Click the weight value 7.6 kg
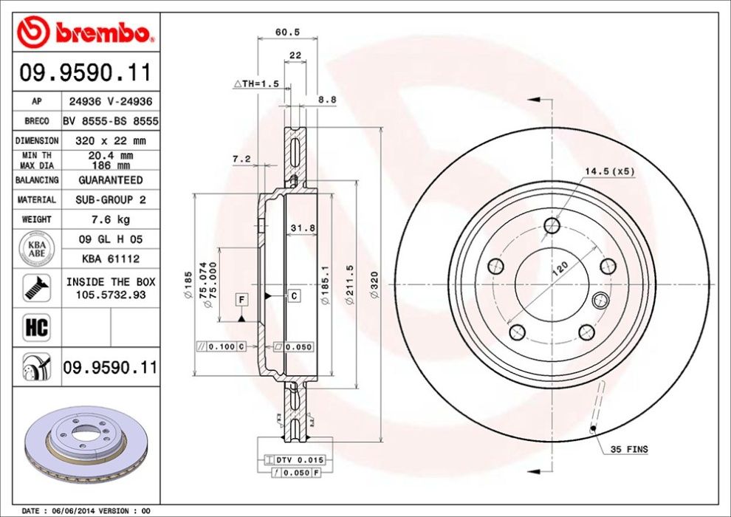click(x=109, y=219)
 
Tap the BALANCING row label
click(x=36, y=180)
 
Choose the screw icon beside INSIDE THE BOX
click(x=35, y=287)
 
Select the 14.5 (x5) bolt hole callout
click(x=609, y=171)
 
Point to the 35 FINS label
click(x=629, y=449)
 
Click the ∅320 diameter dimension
click(x=374, y=286)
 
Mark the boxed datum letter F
click(x=241, y=299)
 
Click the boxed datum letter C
click(x=293, y=296)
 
